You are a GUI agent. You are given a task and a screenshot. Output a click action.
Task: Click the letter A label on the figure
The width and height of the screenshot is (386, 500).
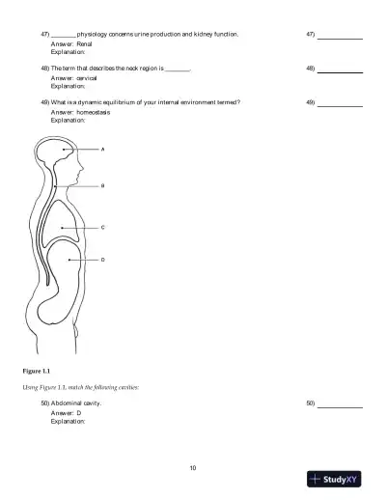(x=102, y=151)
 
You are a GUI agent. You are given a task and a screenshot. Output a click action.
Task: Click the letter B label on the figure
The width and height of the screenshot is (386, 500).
(x=102, y=185)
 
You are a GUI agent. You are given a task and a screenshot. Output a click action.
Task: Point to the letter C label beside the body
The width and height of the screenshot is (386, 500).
(x=102, y=227)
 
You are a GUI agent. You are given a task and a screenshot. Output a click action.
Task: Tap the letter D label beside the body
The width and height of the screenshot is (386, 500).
(x=102, y=260)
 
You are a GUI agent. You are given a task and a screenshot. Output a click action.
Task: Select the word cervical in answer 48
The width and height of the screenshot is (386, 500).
(x=87, y=78)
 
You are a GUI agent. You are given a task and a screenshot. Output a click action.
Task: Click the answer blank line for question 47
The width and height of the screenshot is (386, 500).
(x=340, y=38)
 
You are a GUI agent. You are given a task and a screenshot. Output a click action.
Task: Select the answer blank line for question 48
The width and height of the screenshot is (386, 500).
(x=340, y=72)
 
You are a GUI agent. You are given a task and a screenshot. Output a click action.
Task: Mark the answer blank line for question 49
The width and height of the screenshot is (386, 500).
(x=340, y=105)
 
